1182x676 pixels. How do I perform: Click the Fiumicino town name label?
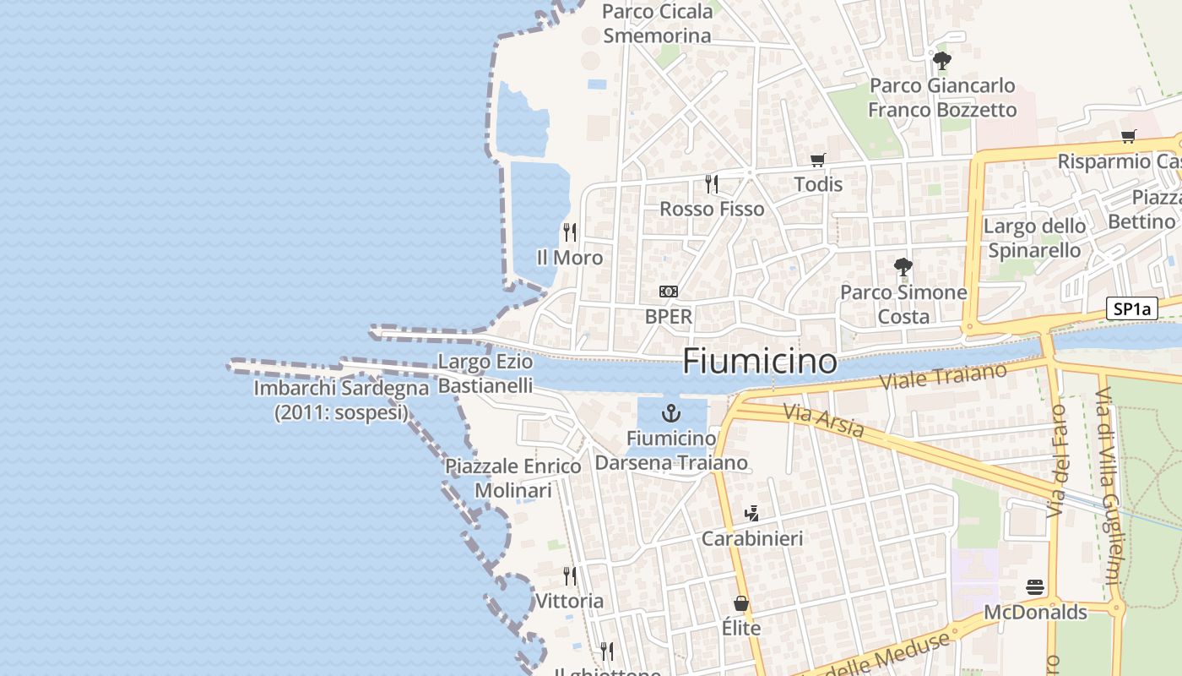coord(760,361)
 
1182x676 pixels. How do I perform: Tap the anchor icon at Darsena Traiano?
coord(671,413)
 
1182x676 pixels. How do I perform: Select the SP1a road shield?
coord(1131,309)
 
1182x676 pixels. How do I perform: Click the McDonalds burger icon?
coord(1035,586)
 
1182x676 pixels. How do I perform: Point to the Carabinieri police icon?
coord(751,513)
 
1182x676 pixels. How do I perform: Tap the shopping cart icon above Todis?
coord(817,160)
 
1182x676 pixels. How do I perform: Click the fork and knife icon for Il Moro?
coord(570,232)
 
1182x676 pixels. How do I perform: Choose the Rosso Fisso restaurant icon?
coord(712,183)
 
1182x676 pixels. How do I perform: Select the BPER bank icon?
coord(668,292)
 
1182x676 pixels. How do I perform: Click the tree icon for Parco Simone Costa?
coord(903,267)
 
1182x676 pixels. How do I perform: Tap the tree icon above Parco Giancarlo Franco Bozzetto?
coord(942,61)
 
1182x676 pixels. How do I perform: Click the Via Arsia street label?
coord(823,421)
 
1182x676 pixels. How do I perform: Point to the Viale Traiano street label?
coord(944,376)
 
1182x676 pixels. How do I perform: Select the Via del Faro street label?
coord(1057,461)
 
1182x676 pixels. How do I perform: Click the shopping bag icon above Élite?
coord(741,603)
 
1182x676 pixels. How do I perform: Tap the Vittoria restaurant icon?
coord(570,576)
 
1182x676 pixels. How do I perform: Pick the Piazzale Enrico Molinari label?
coord(513,478)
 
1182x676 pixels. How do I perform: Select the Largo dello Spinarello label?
coord(1034,238)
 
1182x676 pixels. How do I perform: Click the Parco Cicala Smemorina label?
coord(658,24)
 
